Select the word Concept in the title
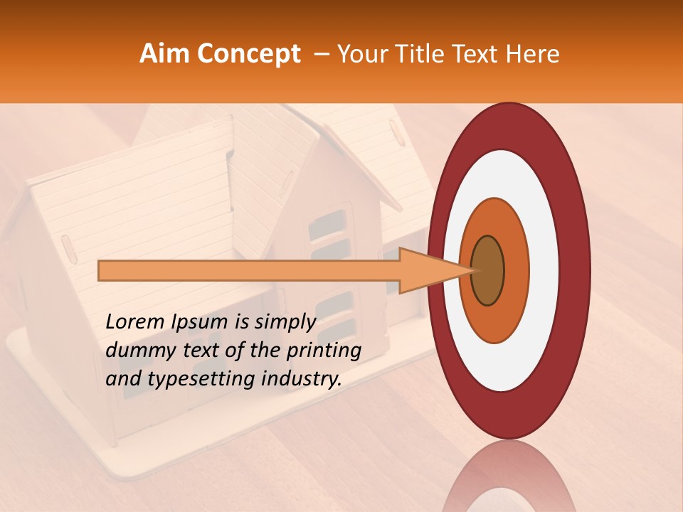click(248, 54)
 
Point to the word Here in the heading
click(532, 54)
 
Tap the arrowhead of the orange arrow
click(434, 271)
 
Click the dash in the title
click(322, 54)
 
